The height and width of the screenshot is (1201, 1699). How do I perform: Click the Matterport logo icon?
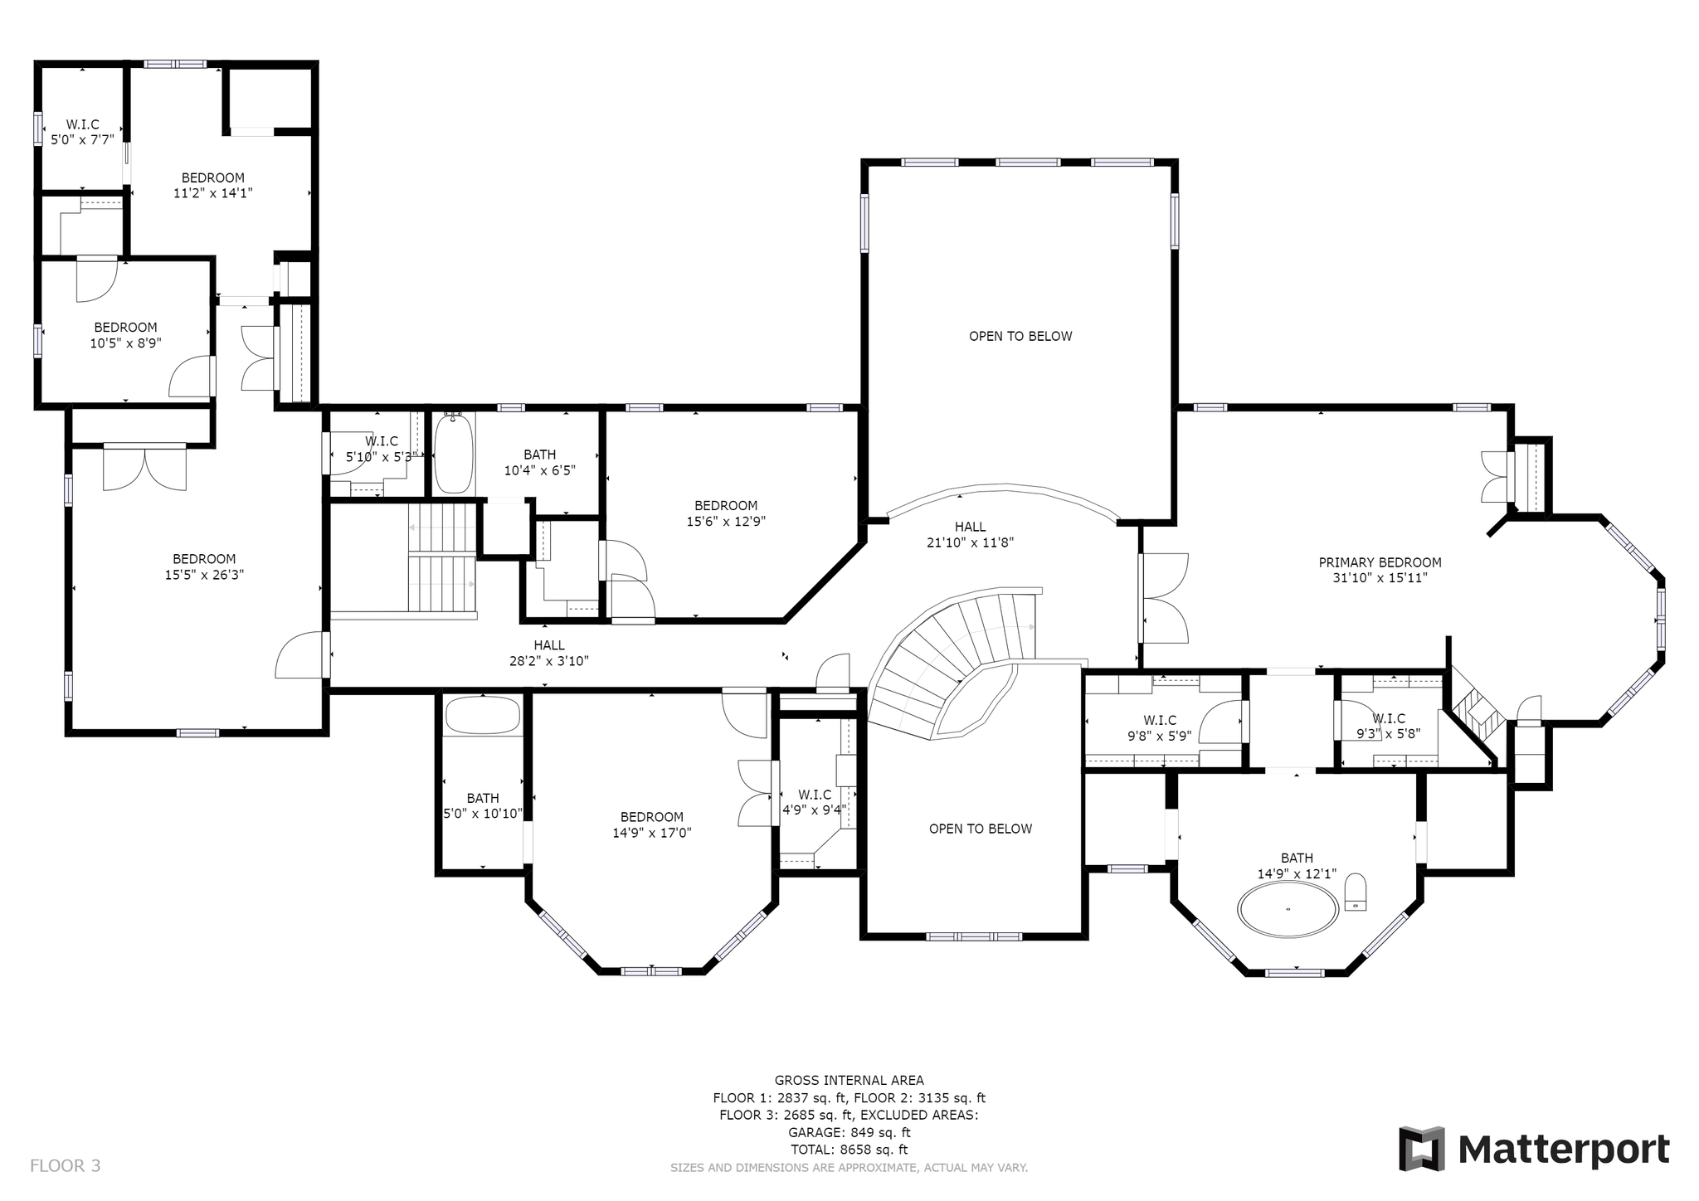click(x=1422, y=1149)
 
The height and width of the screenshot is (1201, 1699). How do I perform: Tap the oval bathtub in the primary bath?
click(x=1288, y=909)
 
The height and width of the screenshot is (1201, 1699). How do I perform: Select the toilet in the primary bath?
click(x=1356, y=892)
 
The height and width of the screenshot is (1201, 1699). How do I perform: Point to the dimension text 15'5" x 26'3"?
click(x=204, y=574)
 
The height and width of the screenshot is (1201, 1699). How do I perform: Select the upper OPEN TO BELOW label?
click(x=1020, y=336)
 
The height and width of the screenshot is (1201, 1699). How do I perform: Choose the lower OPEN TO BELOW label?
click(x=981, y=829)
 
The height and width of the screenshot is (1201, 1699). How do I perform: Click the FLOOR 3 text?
click(x=66, y=1165)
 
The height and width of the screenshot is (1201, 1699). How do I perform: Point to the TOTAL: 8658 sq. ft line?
click(x=849, y=1150)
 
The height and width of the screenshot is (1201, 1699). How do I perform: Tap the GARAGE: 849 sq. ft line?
click(x=849, y=1132)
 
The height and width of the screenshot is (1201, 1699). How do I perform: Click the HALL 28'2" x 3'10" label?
click(x=549, y=653)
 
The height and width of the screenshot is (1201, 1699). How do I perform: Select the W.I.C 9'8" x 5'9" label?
click(x=1160, y=727)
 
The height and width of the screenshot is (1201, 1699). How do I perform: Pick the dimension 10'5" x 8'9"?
click(x=125, y=342)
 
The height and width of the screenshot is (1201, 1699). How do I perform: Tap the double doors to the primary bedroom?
click(x=1165, y=597)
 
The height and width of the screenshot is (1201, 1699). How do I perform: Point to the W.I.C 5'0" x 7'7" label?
click(x=82, y=132)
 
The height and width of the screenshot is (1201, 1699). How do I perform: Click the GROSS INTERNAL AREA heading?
click(x=849, y=1080)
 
